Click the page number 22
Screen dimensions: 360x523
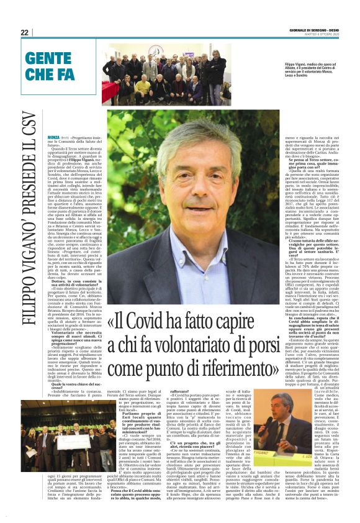24,32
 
